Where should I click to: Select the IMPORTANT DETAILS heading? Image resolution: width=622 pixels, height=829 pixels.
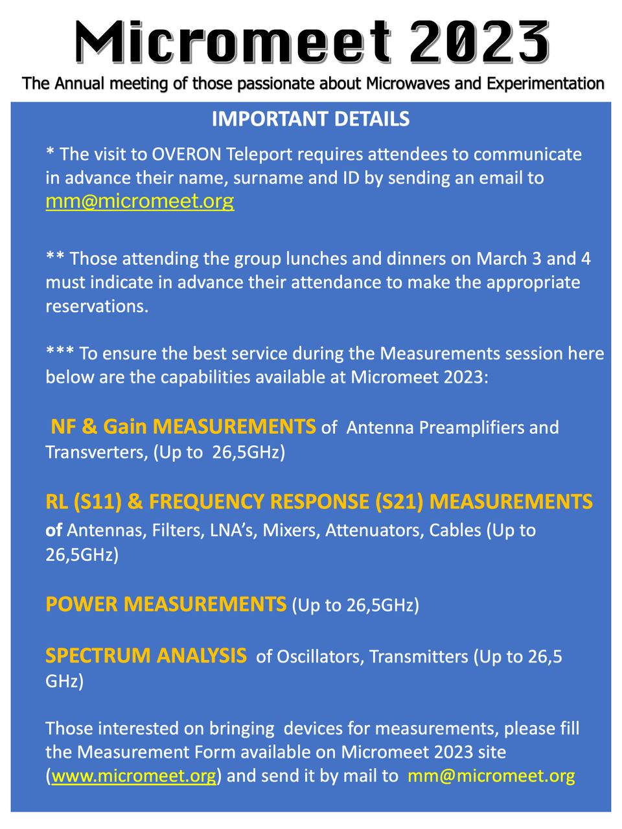click(x=310, y=119)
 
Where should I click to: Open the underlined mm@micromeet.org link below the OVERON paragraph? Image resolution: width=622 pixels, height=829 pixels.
click(x=139, y=201)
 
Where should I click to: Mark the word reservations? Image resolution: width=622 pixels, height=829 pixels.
click(x=97, y=306)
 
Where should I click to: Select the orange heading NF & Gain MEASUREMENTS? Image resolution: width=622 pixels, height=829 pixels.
click(x=183, y=427)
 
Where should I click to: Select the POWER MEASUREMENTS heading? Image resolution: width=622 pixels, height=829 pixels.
click(x=166, y=604)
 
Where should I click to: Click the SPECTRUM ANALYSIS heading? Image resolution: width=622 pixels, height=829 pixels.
click(x=146, y=655)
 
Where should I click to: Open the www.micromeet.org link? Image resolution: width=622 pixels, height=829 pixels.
click(x=133, y=776)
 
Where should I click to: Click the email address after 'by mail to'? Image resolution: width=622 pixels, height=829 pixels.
click(x=491, y=776)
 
